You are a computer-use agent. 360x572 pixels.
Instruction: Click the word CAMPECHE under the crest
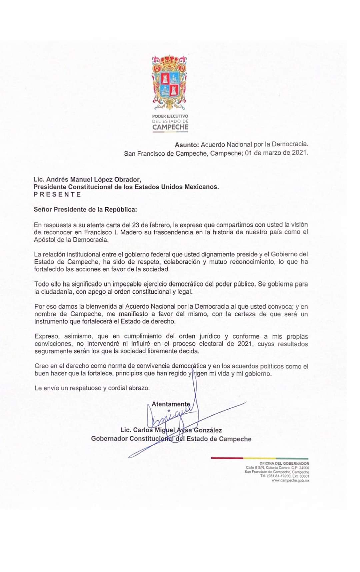coord(170,127)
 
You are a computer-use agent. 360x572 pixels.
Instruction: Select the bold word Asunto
coord(187,145)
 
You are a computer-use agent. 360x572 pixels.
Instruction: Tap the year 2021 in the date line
coord(300,153)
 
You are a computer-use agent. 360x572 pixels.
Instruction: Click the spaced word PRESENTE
coord(57,194)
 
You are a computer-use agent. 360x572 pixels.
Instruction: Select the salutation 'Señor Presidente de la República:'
coord(85,209)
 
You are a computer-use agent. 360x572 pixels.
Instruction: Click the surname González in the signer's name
coord(208,430)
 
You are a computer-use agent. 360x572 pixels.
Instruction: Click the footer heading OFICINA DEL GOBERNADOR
coord(284,464)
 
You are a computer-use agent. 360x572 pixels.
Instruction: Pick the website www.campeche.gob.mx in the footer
coord(290,480)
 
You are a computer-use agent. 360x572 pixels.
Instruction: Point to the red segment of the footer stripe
coord(227,458)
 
